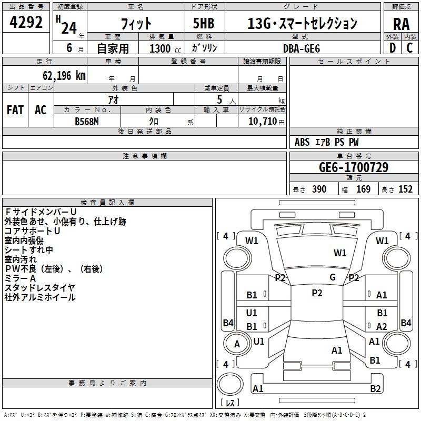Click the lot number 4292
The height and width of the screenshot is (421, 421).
pyautogui.click(x=26, y=22)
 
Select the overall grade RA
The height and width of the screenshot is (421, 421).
pyautogui.click(x=402, y=24)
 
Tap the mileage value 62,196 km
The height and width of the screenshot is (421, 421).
pyautogui.click(x=64, y=76)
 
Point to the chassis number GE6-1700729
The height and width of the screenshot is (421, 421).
pyautogui.click(x=354, y=167)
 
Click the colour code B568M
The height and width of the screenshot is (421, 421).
pyautogui.click(x=87, y=122)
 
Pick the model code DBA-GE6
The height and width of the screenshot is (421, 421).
pyautogui.click(x=302, y=48)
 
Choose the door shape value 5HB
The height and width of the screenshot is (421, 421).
pyautogui.click(x=204, y=23)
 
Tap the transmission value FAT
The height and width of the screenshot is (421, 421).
pyautogui.click(x=15, y=110)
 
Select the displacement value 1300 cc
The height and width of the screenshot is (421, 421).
pyautogui.click(x=165, y=48)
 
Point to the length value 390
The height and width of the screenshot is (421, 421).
pyautogui.click(x=319, y=189)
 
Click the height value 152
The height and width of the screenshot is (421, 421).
pyautogui.click(x=405, y=189)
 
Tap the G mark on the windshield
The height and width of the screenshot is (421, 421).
pyautogui.click(x=333, y=277)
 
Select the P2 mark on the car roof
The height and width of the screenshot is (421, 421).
pyautogui.click(x=317, y=293)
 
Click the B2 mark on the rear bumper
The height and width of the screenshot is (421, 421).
pyautogui.click(x=375, y=388)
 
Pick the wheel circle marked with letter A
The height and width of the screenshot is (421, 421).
pyautogui.click(x=237, y=344)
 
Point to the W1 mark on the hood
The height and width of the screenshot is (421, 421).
pyautogui.click(x=340, y=253)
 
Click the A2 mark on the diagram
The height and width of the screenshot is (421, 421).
pyautogui.click(x=381, y=326)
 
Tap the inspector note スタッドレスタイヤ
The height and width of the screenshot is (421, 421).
pyautogui.click(x=39, y=288)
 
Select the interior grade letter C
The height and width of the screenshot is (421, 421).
pyautogui.click(x=409, y=48)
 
